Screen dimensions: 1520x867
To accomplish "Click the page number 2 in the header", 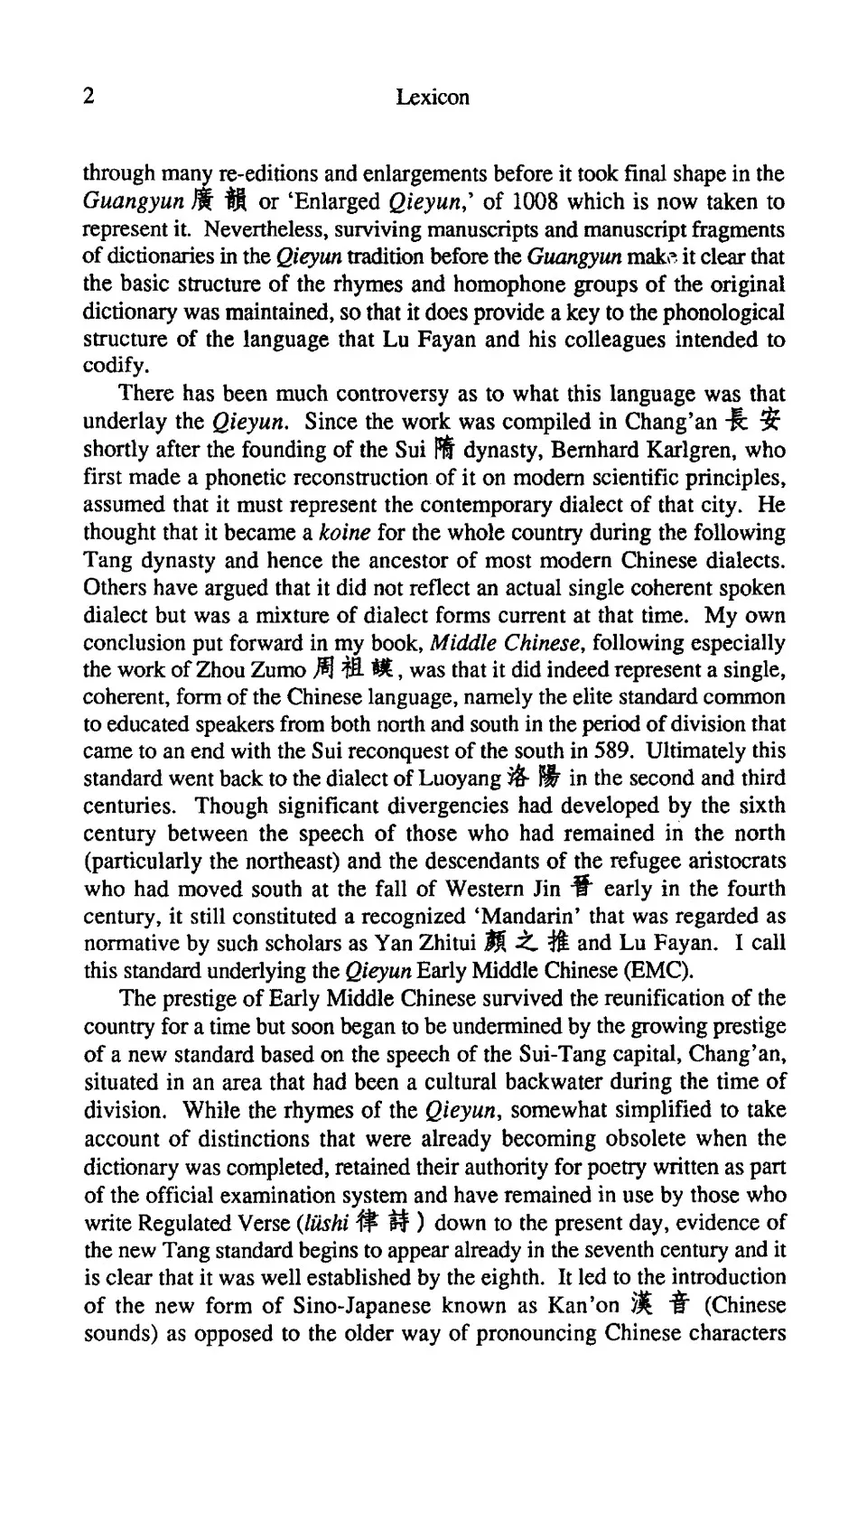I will point(89,97).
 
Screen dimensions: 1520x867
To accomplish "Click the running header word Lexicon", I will point(433,98).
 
